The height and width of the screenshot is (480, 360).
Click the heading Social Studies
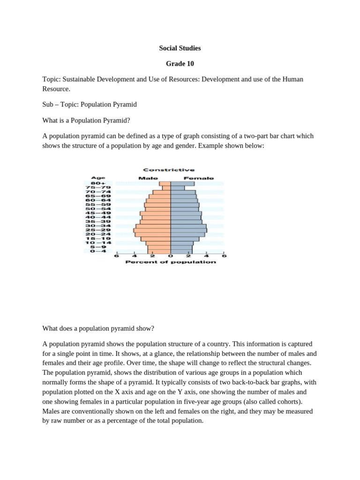(180, 48)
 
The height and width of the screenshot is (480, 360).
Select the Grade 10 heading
(180, 63)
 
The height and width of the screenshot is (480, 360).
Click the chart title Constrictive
(169, 170)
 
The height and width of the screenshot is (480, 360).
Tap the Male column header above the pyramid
(148, 178)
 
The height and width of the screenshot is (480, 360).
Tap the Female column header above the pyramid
(199, 178)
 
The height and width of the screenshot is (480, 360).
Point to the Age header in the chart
(98, 178)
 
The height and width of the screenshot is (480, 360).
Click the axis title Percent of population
(171, 262)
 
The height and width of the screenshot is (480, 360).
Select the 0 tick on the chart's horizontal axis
(171, 256)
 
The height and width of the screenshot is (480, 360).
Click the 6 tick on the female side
(224, 256)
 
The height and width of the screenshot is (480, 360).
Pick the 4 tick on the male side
(135, 256)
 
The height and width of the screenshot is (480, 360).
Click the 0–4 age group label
(98, 251)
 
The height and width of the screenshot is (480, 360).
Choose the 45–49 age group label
(98, 213)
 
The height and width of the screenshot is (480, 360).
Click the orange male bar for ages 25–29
(152, 230)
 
